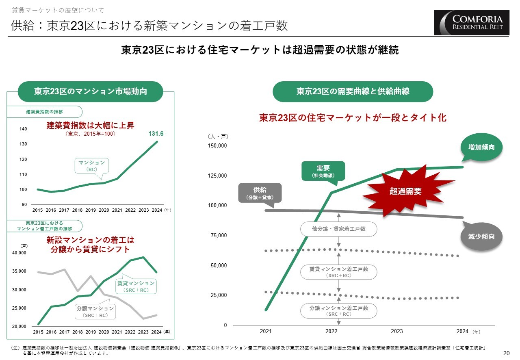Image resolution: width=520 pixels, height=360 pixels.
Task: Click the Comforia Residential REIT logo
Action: pos(471,22)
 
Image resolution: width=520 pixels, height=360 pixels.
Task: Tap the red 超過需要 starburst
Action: pos(405,191)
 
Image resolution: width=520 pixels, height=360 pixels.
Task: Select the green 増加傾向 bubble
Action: pos(481,147)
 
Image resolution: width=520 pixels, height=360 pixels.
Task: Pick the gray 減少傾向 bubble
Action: pos(481,236)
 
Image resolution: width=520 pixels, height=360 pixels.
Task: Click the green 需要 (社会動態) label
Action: pos(323,171)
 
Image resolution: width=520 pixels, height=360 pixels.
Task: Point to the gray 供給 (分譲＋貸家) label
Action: pos(260,193)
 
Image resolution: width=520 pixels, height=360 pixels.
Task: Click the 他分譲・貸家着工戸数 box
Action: pos(338,229)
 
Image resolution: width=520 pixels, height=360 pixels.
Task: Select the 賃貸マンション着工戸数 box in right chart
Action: pos(338,272)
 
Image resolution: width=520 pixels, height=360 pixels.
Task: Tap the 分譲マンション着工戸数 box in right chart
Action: pos(338,311)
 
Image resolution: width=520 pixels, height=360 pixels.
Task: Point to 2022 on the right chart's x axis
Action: pos(331,332)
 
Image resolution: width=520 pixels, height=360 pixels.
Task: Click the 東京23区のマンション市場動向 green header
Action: pos(90,91)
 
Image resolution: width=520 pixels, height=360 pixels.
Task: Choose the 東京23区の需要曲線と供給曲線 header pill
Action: pos(353,91)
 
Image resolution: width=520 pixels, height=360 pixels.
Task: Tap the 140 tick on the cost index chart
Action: pos(23,129)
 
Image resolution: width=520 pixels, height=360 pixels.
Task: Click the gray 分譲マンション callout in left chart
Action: pos(95,312)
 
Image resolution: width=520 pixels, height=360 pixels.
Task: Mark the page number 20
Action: pos(506,353)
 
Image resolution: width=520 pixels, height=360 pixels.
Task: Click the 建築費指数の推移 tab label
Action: pos(45,111)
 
